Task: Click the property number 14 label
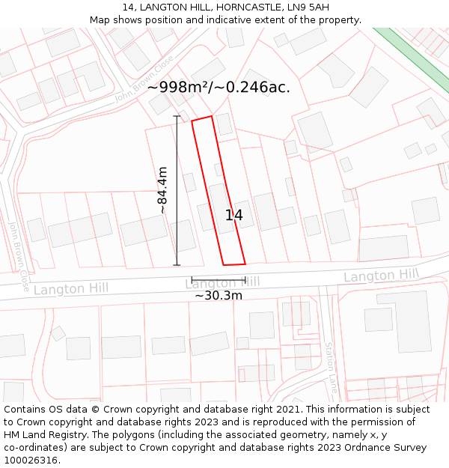pos(233,216)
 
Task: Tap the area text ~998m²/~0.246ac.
pos(219,87)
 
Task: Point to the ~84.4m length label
pos(162,190)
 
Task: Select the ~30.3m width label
pos(219,296)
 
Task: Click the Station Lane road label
pos(329,367)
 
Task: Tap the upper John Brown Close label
pos(144,79)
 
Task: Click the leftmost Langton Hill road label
pos(70,288)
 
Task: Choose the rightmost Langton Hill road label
pos(381,276)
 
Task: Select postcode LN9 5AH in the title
pos(308,7)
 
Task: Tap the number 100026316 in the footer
pos(30,461)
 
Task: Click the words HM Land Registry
pos(40,435)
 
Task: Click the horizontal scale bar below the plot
pos(219,280)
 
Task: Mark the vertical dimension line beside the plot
pos(177,190)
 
